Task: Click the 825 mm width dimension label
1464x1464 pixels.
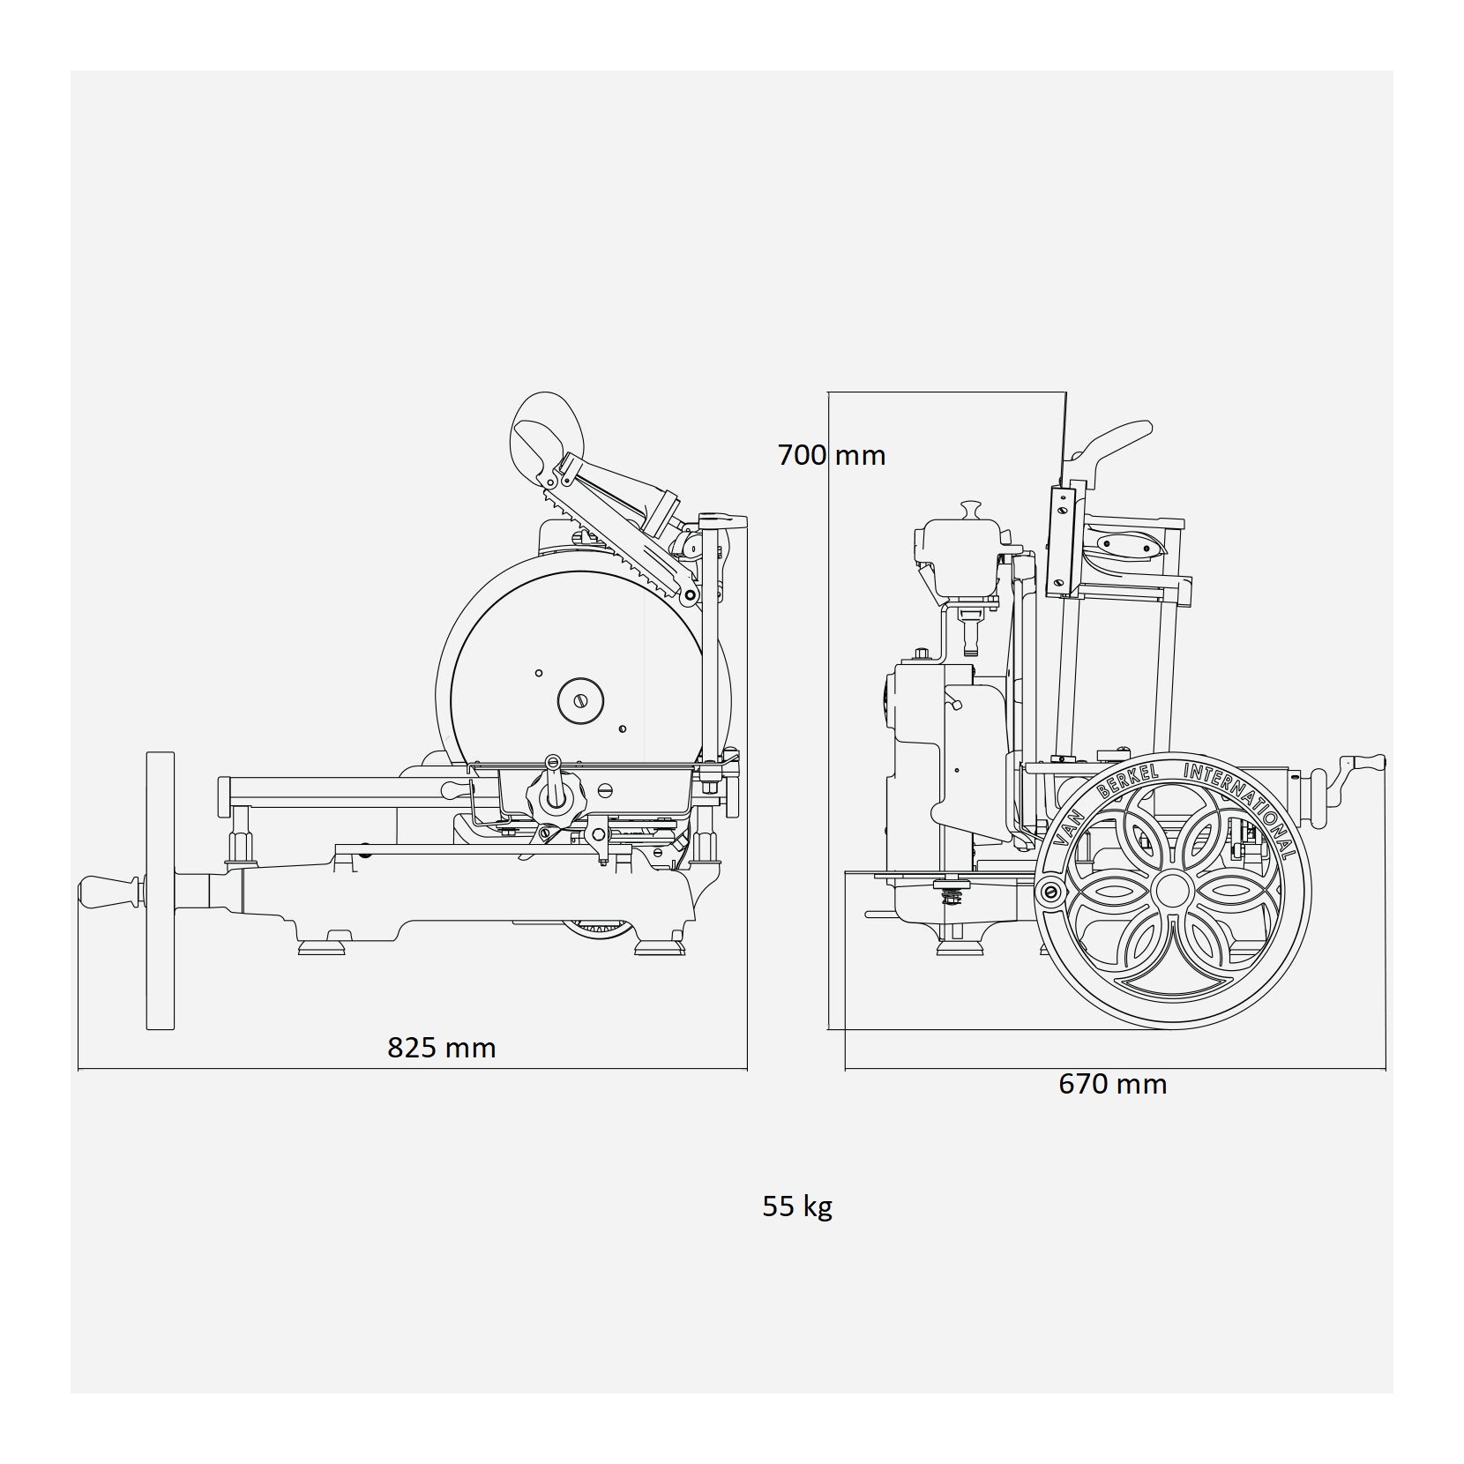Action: [442, 1048]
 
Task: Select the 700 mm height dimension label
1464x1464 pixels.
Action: [832, 455]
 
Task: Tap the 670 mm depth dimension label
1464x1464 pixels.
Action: [1113, 1083]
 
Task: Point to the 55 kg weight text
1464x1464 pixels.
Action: [797, 1206]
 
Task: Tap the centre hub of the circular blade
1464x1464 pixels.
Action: [580, 700]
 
